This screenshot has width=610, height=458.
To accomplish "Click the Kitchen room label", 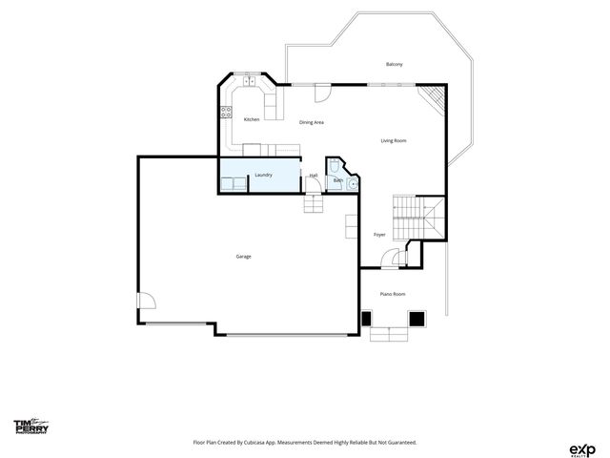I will click(252, 119).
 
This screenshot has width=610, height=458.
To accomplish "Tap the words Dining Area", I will click(313, 122).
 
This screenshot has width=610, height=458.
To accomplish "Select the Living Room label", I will click(394, 141).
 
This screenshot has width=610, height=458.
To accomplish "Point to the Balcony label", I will click(394, 64).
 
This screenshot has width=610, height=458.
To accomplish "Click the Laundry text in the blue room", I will click(263, 175).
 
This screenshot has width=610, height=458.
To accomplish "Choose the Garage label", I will click(244, 257).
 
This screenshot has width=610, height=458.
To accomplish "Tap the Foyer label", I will click(379, 234).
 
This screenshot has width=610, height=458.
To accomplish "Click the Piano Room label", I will click(393, 294).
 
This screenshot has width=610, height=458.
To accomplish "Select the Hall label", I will click(314, 175).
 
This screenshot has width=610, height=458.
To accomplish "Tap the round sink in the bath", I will click(352, 183).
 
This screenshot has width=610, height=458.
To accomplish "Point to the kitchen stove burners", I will click(227, 112).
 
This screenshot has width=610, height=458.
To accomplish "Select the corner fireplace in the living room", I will click(435, 94).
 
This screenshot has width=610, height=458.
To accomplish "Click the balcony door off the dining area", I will click(322, 93).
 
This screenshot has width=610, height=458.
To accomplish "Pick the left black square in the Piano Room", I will click(368, 318).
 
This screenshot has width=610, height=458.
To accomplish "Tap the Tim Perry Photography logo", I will click(30, 427).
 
